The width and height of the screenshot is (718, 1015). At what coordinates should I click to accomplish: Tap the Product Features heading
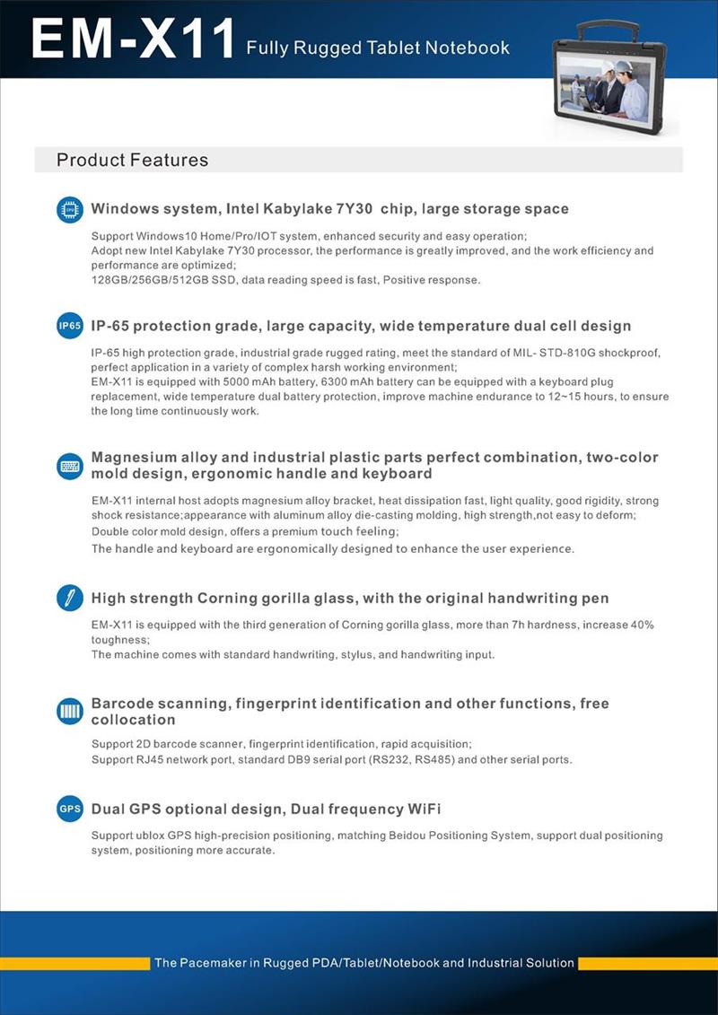132,161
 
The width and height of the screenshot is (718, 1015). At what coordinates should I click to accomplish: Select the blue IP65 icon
69,327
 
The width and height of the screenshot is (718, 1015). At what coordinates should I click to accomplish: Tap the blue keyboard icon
69,466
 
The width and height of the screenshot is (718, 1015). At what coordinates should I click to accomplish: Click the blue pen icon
69,599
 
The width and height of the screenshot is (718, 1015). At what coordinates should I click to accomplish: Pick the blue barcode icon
69,711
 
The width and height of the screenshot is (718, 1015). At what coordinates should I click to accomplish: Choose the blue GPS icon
69,809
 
